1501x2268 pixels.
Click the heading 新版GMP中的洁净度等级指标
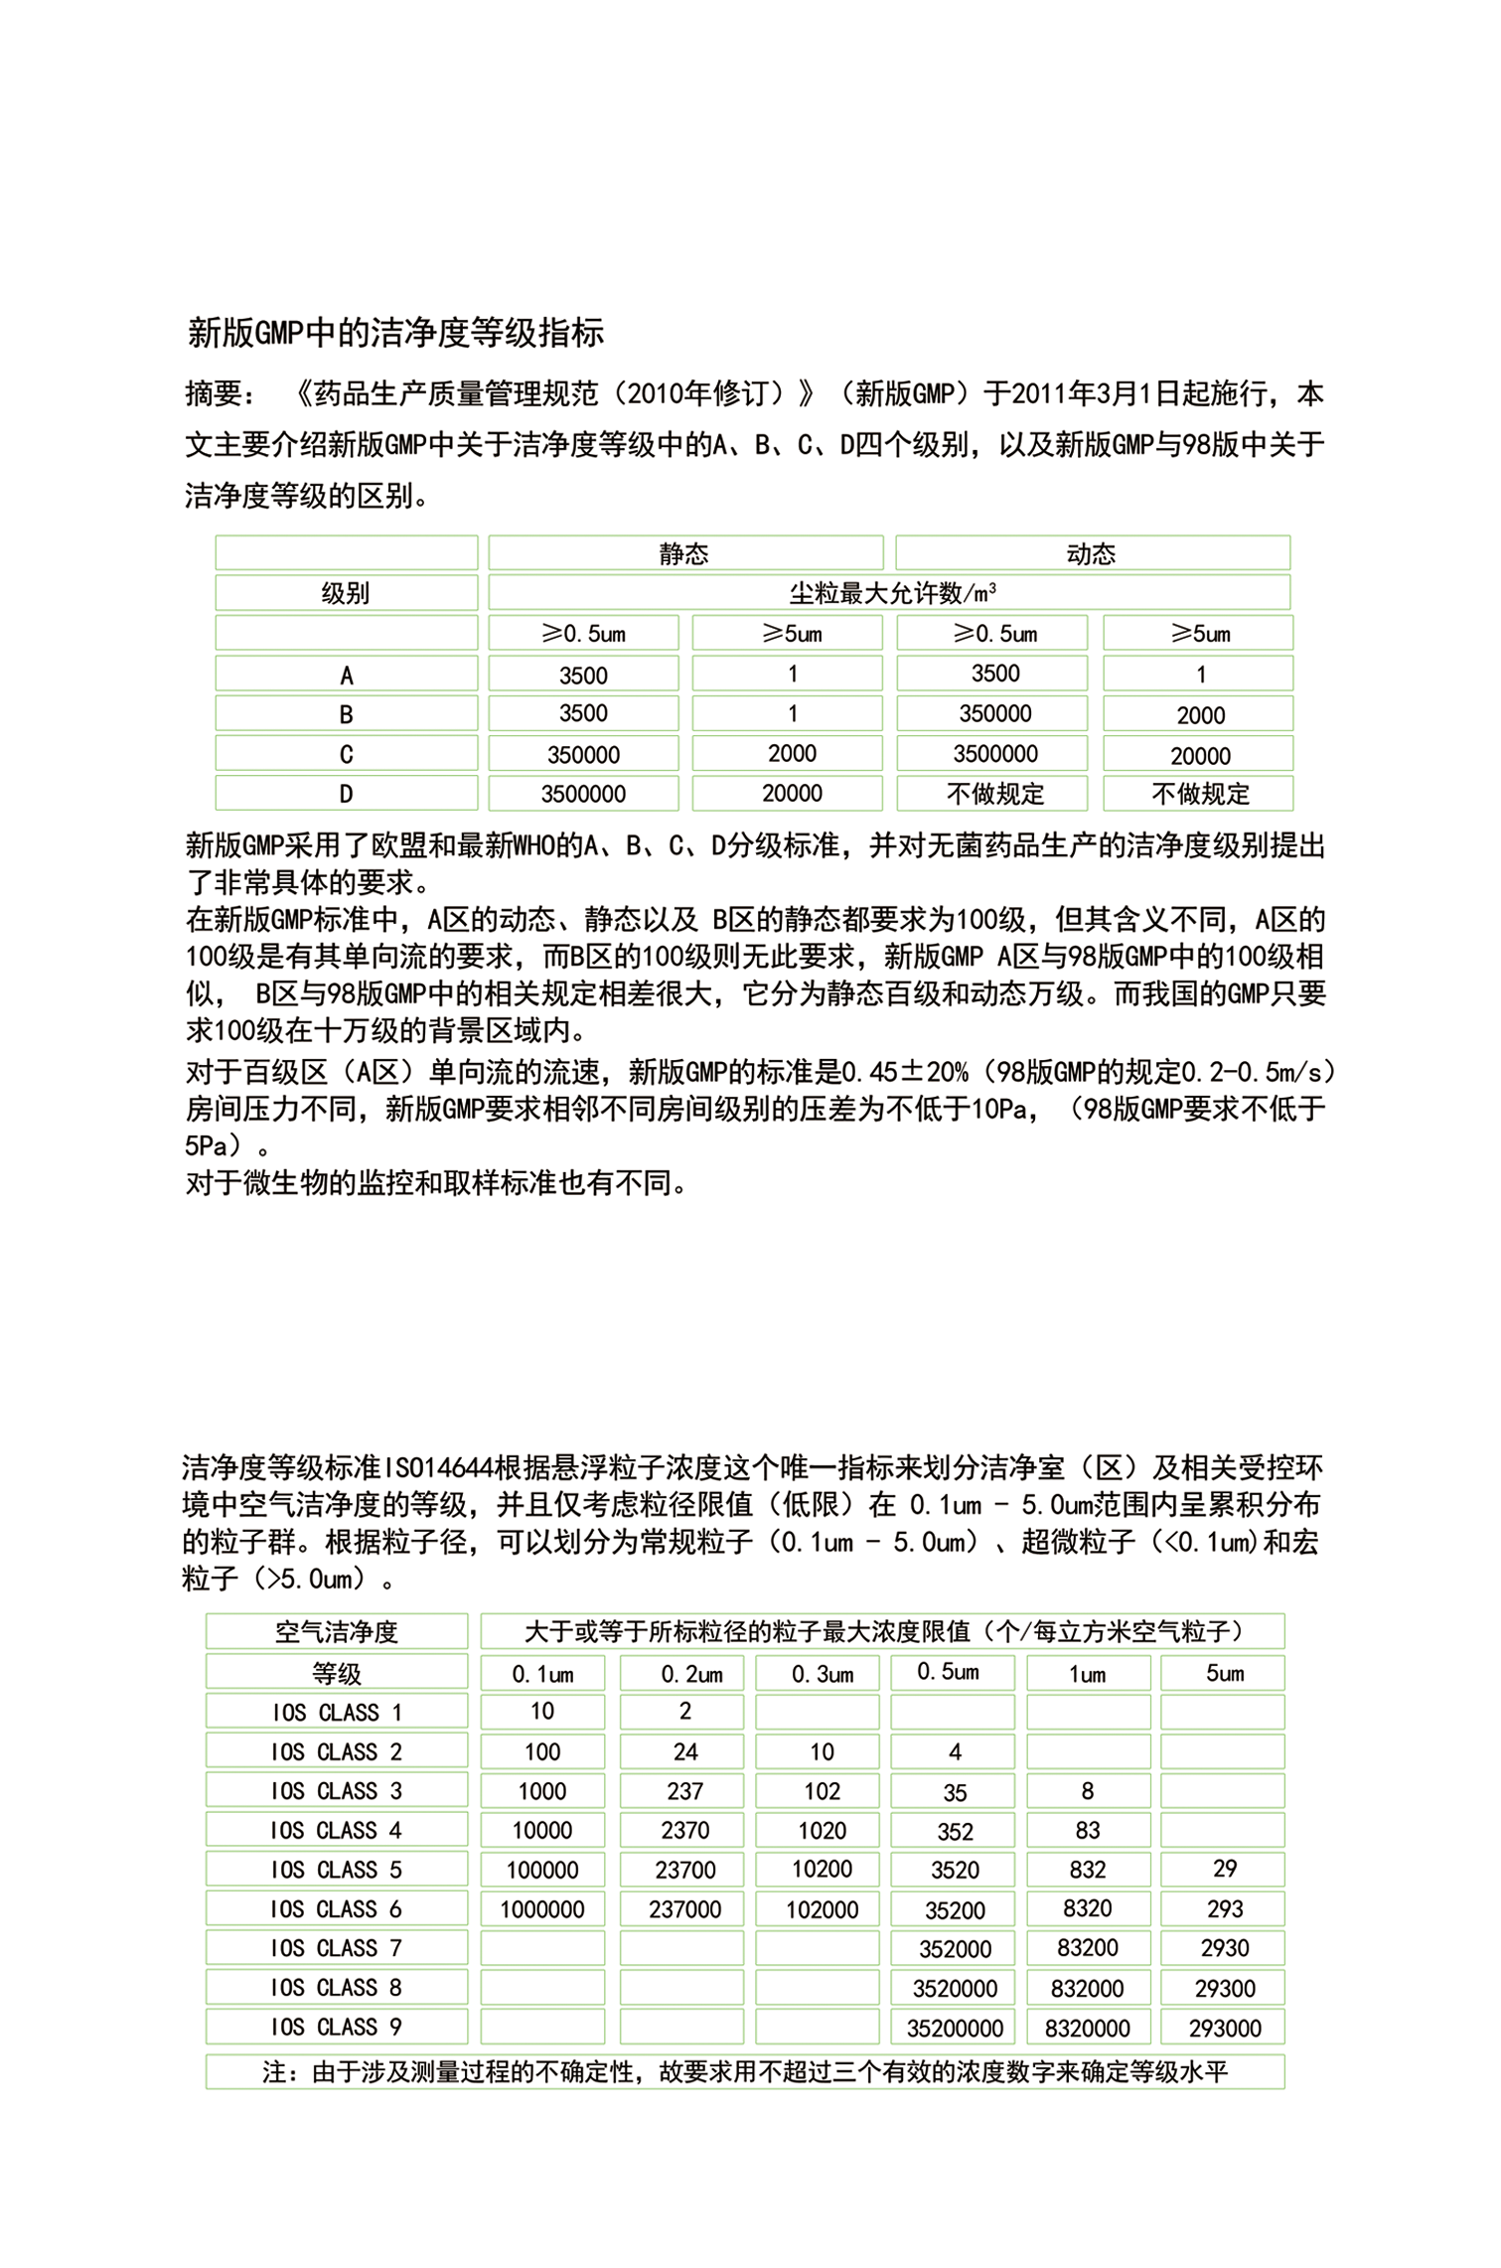pos(395,333)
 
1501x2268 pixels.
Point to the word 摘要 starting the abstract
pos(213,394)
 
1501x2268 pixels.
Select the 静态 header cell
pos(683,553)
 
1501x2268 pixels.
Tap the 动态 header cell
pos(1091,553)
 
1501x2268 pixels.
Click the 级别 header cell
pos(345,593)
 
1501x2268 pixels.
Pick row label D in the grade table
pos(346,794)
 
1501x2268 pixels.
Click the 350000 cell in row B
pos(994,713)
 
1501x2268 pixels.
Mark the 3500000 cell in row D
pos(583,794)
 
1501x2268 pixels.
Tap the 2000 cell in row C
pos(792,753)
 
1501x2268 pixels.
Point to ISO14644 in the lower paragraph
pos(438,1467)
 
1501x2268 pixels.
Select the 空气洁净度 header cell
pos(336,1632)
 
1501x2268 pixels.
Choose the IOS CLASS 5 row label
pos(336,1870)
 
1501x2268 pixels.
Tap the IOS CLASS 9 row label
pos(336,2027)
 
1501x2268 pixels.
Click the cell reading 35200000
pos(955,2028)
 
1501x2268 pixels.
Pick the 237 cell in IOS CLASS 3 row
pos(684,1791)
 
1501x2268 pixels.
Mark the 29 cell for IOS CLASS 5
pos(1224,1869)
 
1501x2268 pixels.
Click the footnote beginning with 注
pos(745,2071)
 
